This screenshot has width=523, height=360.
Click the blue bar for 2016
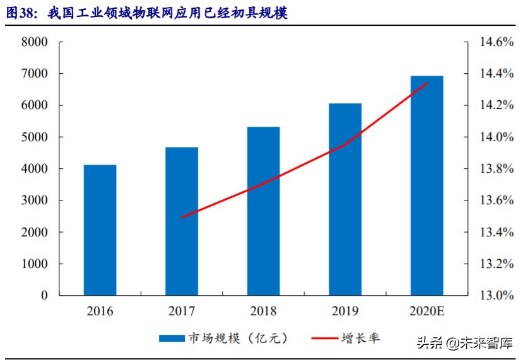pos(100,230)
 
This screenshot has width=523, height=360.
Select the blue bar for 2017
pos(182,221)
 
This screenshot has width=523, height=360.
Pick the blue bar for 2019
pos(345,199)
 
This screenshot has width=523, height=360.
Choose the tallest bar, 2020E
pos(426,185)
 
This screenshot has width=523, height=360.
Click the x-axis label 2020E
pos(426,311)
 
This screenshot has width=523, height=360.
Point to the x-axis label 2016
pos(100,311)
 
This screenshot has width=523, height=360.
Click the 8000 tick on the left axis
pos(35,42)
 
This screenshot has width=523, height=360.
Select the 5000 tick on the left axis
pos(35,137)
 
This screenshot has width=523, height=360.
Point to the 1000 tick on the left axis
pos(35,264)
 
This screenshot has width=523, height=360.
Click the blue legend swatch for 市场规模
pos(170,339)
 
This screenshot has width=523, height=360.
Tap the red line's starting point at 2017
pos(182,218)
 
